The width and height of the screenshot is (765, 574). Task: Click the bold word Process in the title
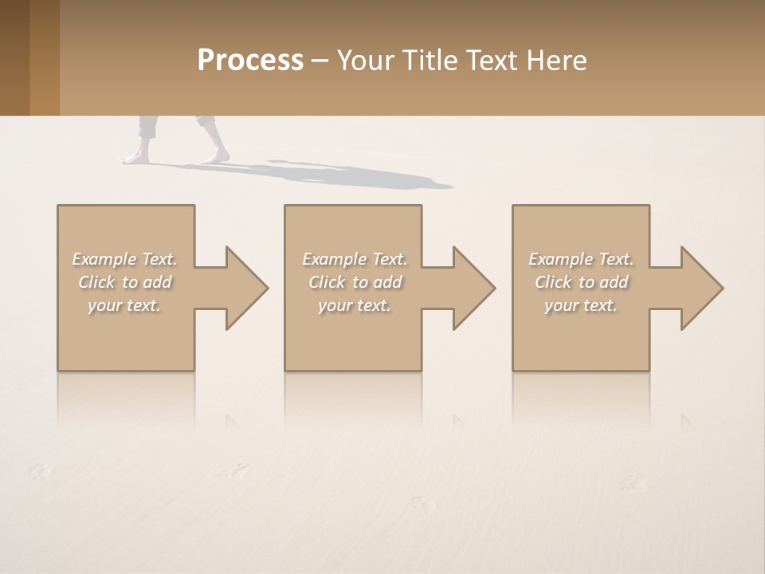(250, 61)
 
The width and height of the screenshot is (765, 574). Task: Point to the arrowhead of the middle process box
(473, 288)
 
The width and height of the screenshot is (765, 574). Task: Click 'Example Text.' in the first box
(124, 259)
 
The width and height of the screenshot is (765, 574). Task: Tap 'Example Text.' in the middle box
(355, 259)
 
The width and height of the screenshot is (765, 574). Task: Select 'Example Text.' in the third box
(581, 259)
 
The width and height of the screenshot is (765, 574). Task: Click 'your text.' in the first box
(124, 305)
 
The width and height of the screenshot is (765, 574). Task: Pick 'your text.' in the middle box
(355, 305)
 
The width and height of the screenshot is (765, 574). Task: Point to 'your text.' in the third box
(581, 305)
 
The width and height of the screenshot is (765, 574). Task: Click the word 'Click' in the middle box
(327, 282)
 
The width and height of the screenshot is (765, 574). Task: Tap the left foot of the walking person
(136, 157)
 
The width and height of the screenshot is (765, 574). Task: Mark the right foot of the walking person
(215, 157)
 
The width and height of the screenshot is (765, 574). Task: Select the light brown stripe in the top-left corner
(44, 57)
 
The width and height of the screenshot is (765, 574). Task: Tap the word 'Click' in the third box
(553, 282)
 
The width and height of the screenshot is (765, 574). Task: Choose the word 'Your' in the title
(364, 61)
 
